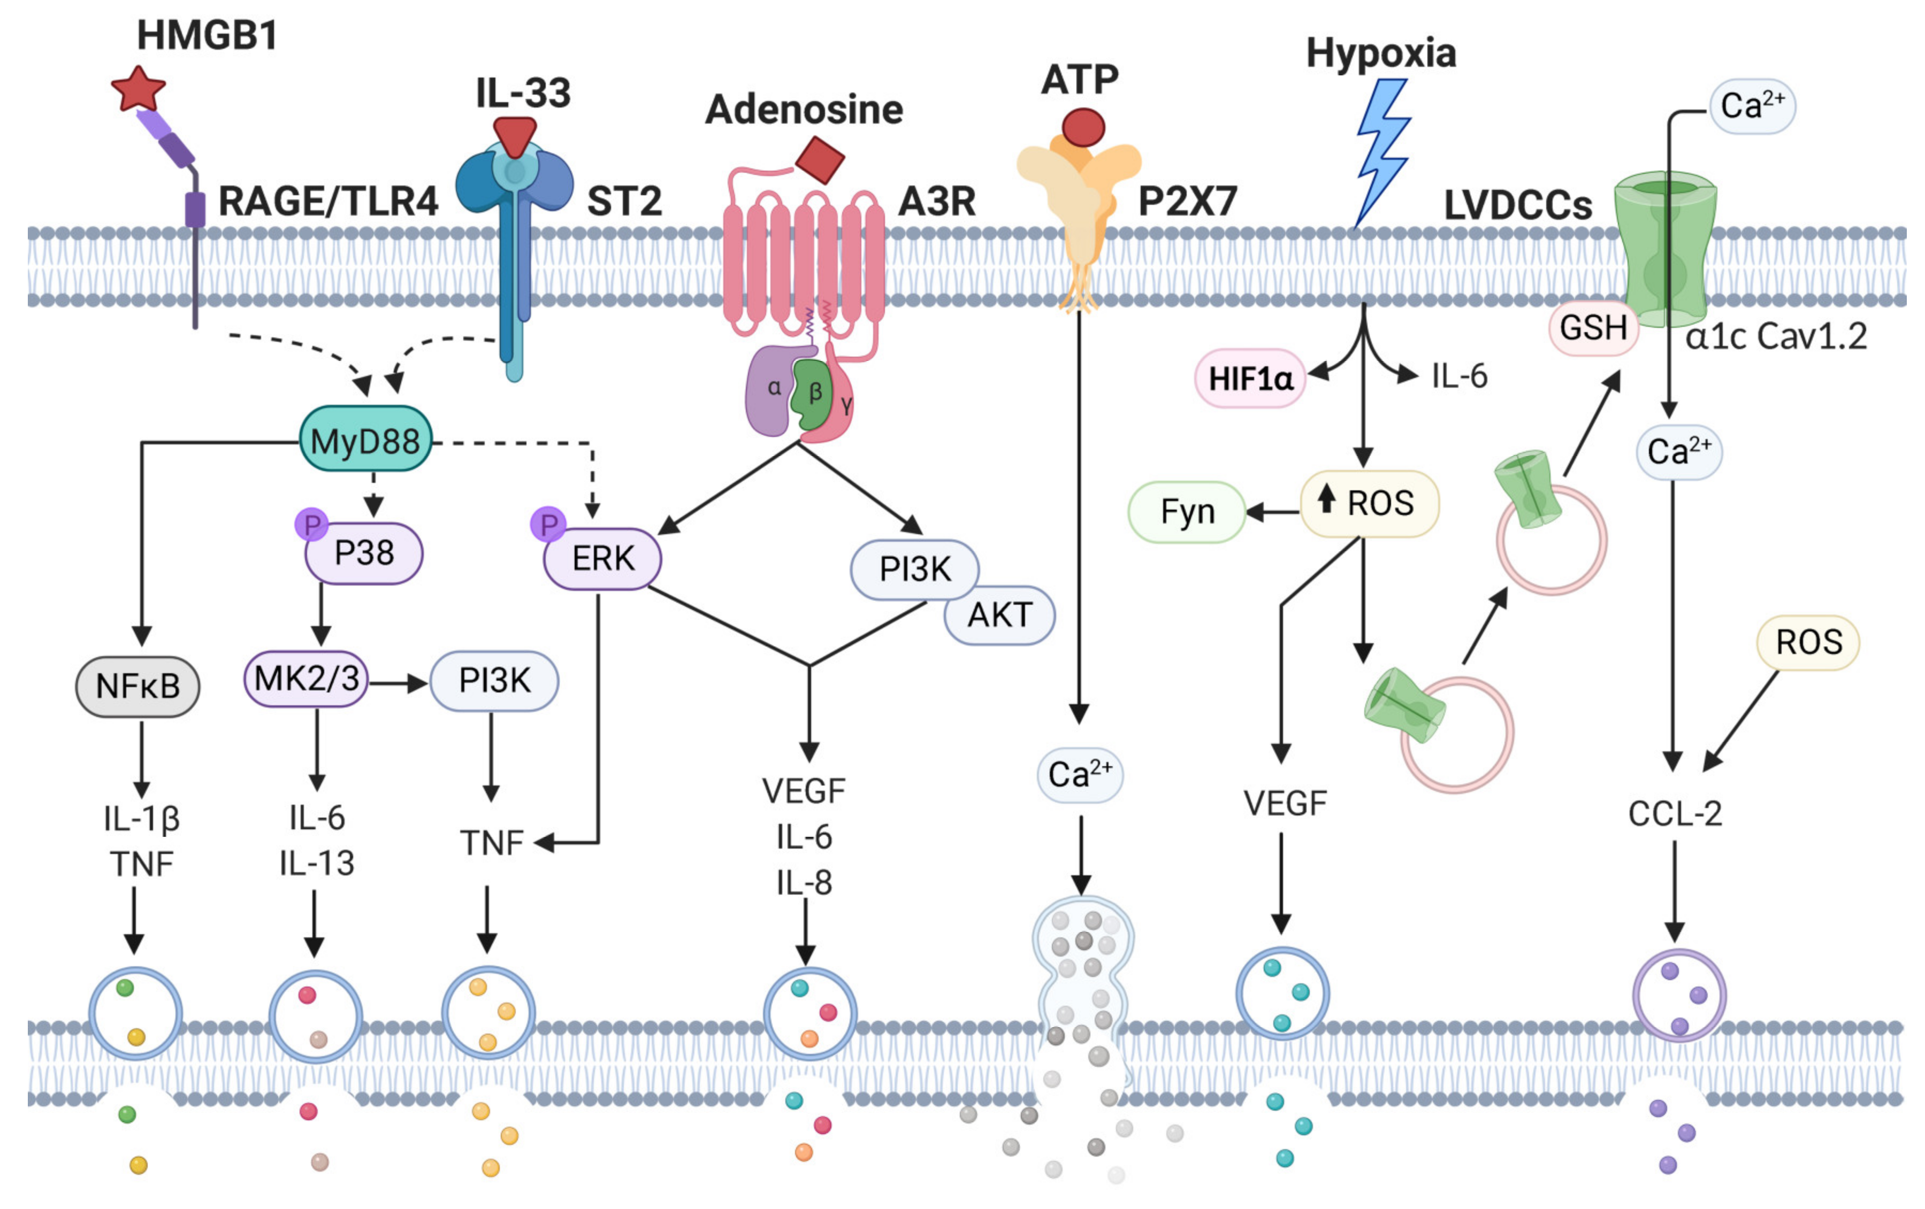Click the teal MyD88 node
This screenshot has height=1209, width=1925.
365,440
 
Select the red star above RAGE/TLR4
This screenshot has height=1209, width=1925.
138,89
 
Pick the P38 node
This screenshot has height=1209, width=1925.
364,553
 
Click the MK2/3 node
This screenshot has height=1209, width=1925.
306,679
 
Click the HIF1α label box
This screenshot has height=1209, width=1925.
1250,378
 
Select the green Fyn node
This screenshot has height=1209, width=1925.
1187,511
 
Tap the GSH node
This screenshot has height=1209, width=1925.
1593,328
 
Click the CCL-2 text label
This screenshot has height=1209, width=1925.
1675,813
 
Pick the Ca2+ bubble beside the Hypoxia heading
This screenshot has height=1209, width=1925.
1752,105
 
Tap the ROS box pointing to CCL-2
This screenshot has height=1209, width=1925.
1808,642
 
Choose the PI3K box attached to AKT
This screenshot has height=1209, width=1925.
914,569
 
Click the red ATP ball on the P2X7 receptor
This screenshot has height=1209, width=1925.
1083,127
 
